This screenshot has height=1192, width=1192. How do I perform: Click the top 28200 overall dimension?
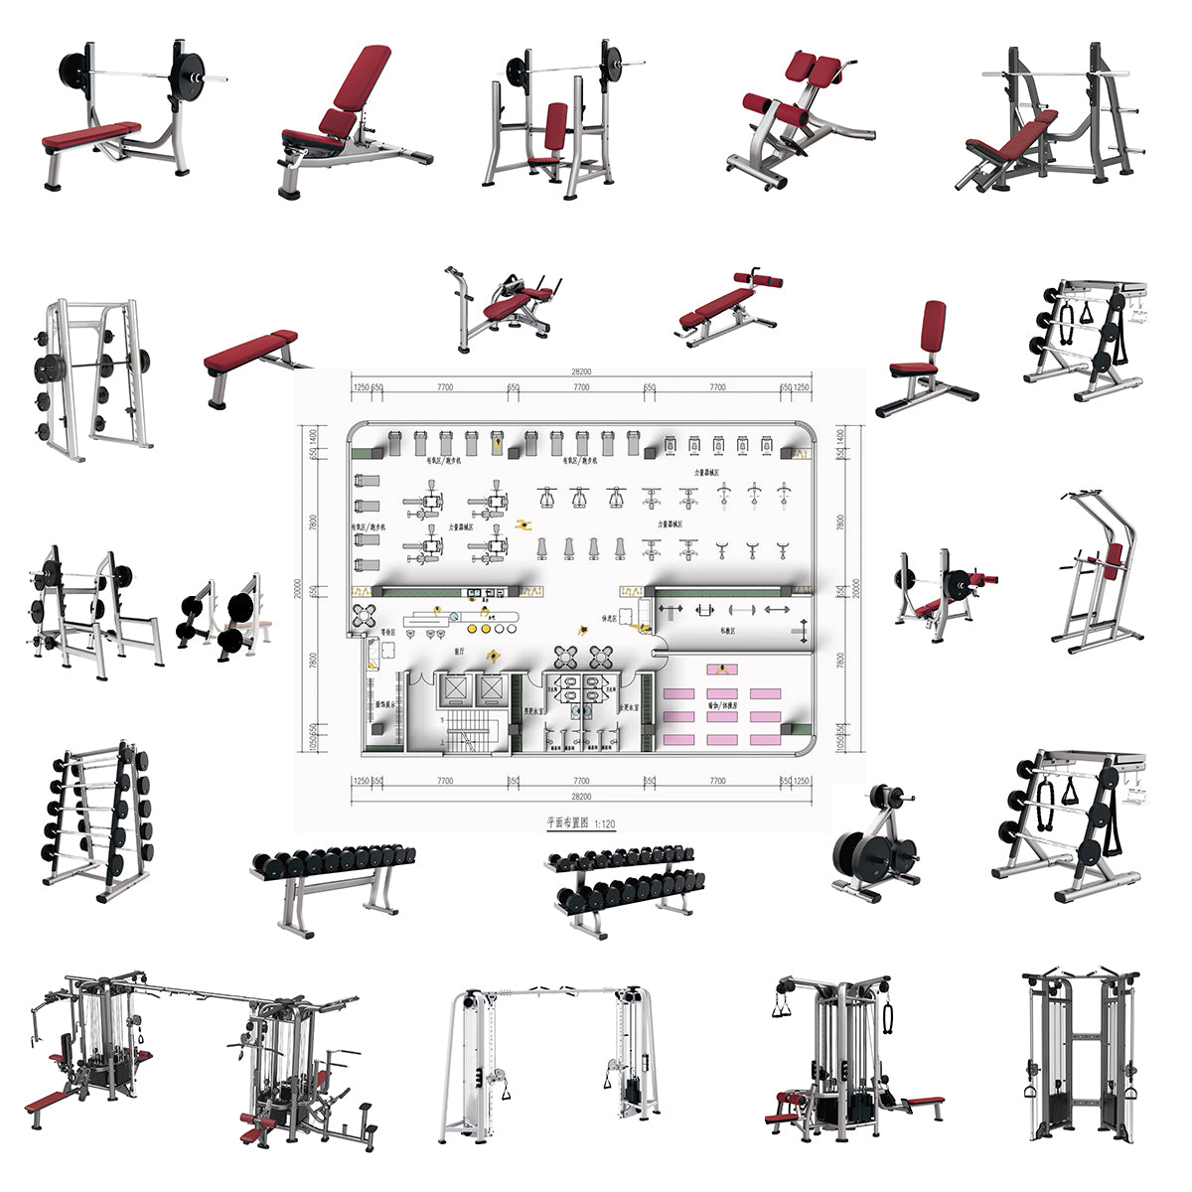(x=581, y=372)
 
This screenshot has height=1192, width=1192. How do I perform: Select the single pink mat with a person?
(x=721, y=670)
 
